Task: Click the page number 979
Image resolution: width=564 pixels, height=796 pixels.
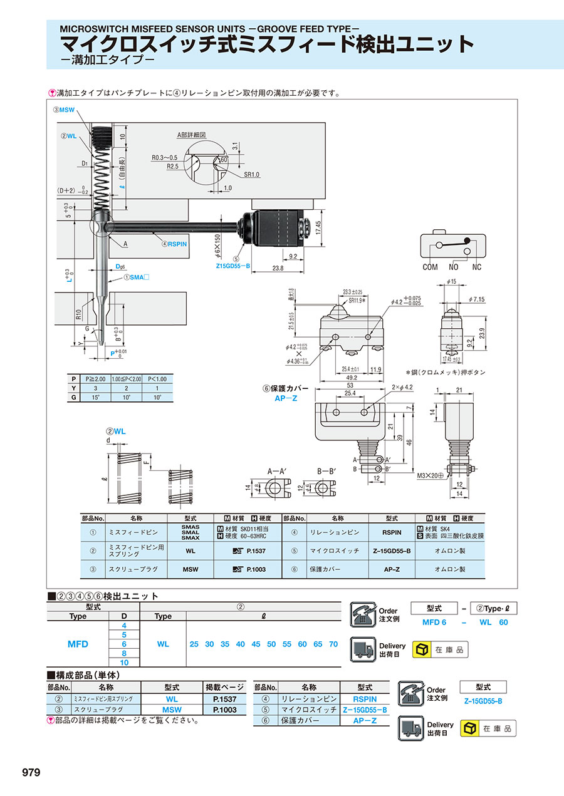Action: pyautogui.click(x=31, y=772)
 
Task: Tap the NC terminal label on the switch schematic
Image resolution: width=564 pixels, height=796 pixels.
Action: pyautogui.click(x=476, y=267)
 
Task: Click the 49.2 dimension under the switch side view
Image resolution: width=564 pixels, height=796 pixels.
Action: pyautogui.click(x=350, y=378)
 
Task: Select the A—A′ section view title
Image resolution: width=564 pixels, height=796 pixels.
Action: pyautogui.click(x=275, y=470)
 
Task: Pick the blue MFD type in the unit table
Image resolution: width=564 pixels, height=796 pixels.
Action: pyautogui.click(x=78, y=644)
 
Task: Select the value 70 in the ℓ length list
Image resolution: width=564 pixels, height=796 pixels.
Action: pyautogui.click(x=333, y=644)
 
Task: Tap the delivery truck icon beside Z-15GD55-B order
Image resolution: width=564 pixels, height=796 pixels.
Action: pyautogui.click(x=411, y=728)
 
